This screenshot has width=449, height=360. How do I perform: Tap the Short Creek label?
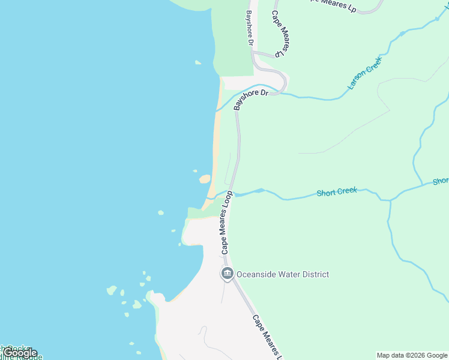coord(337,191)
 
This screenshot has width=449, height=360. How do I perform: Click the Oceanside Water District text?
coord(283,275)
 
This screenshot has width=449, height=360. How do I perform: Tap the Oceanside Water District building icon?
coord(228,275)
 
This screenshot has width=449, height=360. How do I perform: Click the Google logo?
coord(20,353)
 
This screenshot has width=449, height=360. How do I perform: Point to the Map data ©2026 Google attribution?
coord(412,355)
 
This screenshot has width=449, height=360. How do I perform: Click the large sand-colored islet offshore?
coord(205,179)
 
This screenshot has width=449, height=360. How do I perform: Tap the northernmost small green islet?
coord(197,62)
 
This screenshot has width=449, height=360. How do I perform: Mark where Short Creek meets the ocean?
coord(208,198)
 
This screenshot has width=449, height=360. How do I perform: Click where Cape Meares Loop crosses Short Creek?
coord(232,194)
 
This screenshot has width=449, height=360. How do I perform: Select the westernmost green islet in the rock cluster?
coord(111,290)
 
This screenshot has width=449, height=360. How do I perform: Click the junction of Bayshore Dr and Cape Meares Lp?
coord(253,53)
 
